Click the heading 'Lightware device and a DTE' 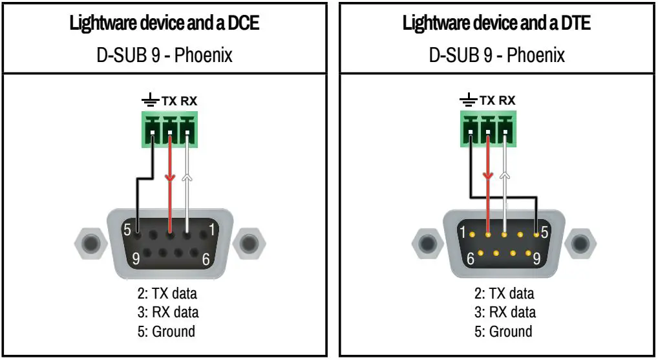pyautogui.click(x=496, y=24)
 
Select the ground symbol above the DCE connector pyautogui.click(x=150, y=101)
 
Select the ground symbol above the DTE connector pyautogui.click(x=467, y=101)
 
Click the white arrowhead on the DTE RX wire pyautogui.click(x=505, y=175)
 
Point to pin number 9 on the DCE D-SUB pyautogui.click(x=136, y=259)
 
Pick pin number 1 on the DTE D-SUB pyautogui.click(x=462, y=231)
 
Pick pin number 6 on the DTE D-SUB pyautogui.click(x=471, y=260)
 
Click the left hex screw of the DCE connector pyautogui.click(x=90, y=244)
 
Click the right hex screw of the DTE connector pyautogui.click(x=577, y=244)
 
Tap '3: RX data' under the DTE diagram pyautogui.click(x=505, y=312)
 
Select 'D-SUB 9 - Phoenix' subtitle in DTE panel pyautogui.click(x=496, y=55)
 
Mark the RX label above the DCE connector pyautogui.click(x=189, y=101)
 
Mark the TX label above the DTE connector pyautogui.click(x=487, y=101)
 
